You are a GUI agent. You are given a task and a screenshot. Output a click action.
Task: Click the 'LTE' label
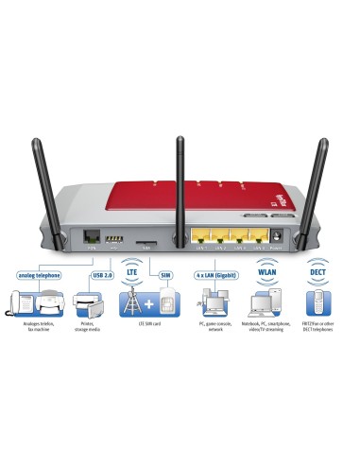click(132, 275)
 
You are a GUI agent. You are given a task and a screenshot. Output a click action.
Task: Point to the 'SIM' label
click(165, 275)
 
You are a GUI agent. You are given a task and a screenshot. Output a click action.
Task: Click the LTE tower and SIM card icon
click(147, 303)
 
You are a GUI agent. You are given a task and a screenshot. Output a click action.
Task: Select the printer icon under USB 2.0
click(94, 303)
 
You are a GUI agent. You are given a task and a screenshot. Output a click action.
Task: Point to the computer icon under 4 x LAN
click(213, 303)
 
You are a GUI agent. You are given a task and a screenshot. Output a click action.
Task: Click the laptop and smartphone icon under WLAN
click(266, 303)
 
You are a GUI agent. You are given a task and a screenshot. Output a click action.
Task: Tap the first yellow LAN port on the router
click(201, 239)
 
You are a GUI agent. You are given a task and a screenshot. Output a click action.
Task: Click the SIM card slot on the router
click(149, 242)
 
